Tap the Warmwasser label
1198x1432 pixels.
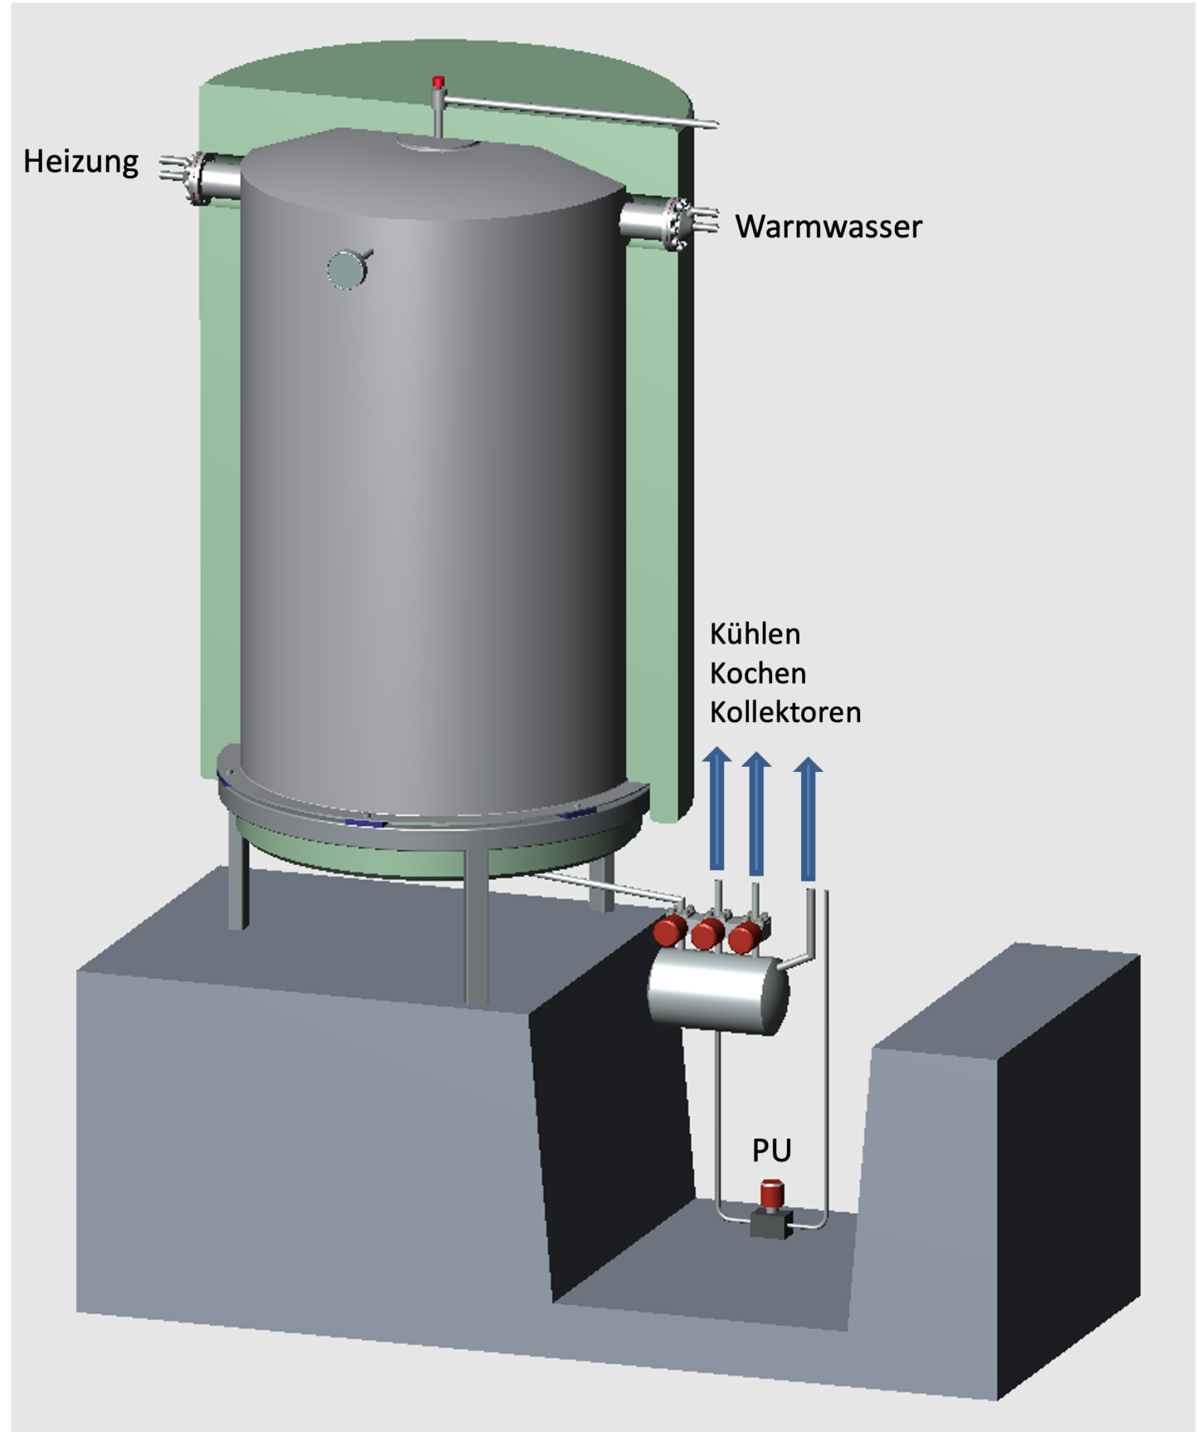tap(829, 227)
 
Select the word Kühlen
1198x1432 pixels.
tap(755, 634)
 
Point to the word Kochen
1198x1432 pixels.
tap(758, 673)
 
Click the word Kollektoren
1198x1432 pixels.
tap(785, 712)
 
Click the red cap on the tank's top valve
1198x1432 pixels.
tap(439, 81)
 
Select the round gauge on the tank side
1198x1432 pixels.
tap(348, 269)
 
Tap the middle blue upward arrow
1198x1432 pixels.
tap(756, 814)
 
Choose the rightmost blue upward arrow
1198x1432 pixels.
tap(808, 818)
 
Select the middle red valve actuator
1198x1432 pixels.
tap(707, 934)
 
